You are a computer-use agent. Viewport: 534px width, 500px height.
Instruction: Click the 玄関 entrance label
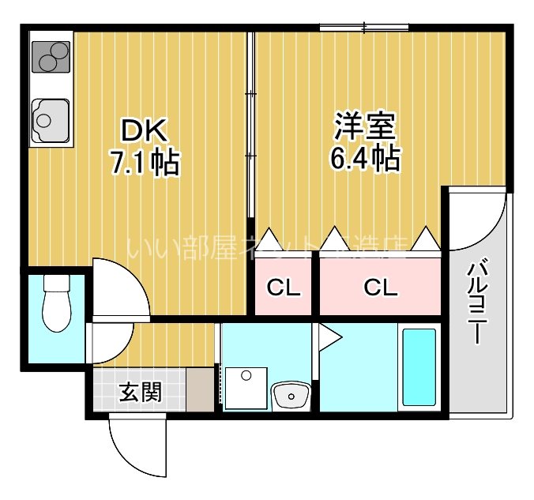tap(141, 393)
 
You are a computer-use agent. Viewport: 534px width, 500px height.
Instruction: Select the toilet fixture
tap(55, 304)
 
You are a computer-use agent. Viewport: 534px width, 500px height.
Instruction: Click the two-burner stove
tap(51, 55)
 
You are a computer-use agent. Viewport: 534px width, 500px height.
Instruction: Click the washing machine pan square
tap(245, 388)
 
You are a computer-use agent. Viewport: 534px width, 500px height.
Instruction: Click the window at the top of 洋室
tap(364, 29)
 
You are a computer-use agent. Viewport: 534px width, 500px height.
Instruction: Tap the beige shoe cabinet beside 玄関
tap(201, 388)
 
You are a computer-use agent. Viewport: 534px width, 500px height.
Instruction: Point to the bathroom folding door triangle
tap(328, 338)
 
